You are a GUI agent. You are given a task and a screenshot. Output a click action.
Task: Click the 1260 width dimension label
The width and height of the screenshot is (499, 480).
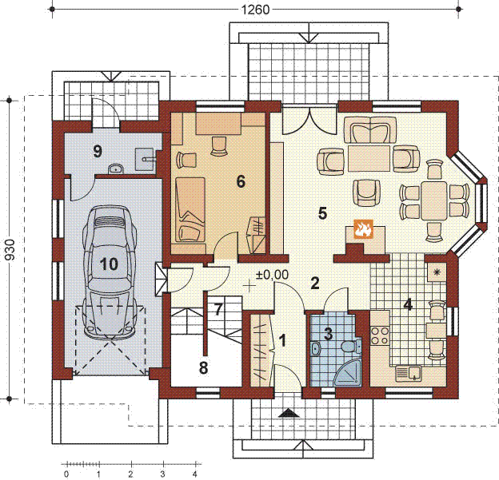(255, 10)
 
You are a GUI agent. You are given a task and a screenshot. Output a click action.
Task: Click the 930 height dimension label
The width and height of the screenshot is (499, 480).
(10, 249)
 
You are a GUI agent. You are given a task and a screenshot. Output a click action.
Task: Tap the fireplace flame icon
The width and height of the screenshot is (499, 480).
(363, 228)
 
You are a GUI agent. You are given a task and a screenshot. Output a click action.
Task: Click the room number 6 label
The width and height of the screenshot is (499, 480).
(241, 182)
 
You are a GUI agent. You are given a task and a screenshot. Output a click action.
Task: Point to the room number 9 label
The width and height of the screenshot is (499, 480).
(98, 151)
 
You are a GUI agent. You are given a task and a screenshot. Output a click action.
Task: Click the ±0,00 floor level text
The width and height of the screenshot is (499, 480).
(273, 275)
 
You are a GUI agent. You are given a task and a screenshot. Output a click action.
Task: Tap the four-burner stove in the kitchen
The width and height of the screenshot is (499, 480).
(380, 335)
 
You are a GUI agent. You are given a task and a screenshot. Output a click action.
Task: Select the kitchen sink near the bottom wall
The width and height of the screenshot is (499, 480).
(409, 374)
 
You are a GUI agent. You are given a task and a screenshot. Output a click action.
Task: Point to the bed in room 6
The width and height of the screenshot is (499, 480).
(190, 210)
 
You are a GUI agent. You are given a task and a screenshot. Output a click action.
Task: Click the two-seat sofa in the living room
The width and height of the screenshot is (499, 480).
(370, 129)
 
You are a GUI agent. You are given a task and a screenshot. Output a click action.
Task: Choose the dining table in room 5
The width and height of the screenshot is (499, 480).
(433, 200)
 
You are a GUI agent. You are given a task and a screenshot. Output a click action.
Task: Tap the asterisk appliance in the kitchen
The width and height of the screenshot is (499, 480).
(437, 272)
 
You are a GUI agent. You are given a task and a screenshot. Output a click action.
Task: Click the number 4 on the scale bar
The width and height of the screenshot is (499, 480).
(195, 474)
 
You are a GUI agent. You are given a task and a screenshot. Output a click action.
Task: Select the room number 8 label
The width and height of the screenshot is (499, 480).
(203, 368)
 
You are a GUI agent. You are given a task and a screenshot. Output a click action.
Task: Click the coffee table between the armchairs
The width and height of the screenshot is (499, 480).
(369, 158)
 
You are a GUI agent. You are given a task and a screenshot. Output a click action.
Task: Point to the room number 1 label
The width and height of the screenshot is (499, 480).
(282, 340)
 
